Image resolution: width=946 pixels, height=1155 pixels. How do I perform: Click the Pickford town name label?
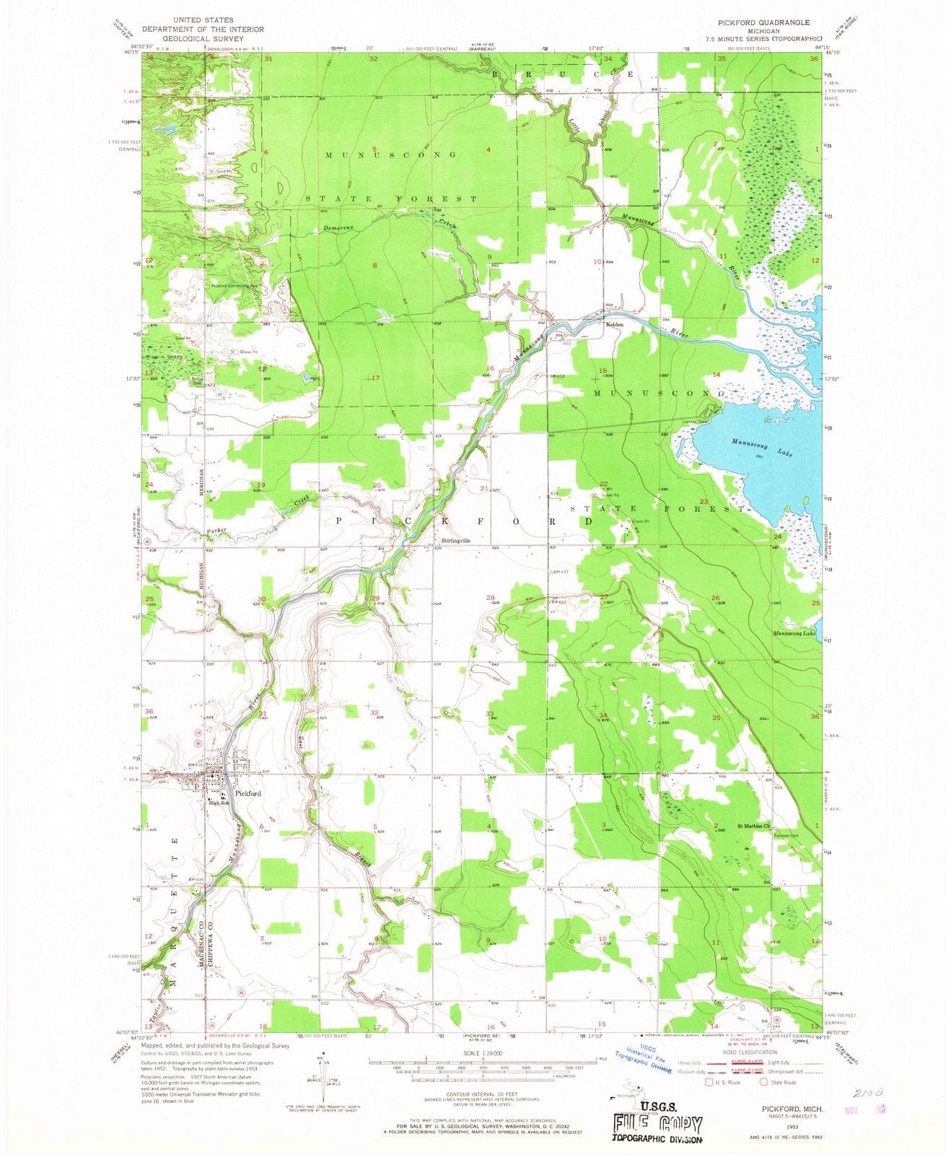(245, 793)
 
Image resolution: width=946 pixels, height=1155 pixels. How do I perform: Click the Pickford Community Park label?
(235, 286)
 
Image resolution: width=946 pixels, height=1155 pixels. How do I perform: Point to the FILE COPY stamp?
(657, 1125)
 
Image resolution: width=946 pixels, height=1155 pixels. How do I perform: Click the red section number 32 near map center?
(374, 712)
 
